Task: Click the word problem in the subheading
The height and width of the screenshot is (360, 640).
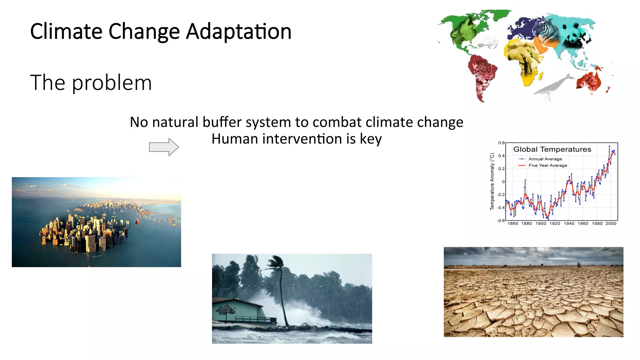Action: coord(112,83)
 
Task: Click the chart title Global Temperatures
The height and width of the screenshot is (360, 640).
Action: coord(552,149)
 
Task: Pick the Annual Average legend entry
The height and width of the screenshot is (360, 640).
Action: coord(545,159)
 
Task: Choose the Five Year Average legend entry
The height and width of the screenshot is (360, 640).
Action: coord(547,166)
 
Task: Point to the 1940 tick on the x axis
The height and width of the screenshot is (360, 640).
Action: coord(569,223)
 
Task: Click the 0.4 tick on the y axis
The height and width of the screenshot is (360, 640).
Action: coord(501,156)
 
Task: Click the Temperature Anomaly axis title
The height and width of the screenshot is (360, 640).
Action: coord(492,181)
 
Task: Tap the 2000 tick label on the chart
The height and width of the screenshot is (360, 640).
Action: coord(611,223)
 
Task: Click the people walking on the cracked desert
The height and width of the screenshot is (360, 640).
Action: coord(578,265)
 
